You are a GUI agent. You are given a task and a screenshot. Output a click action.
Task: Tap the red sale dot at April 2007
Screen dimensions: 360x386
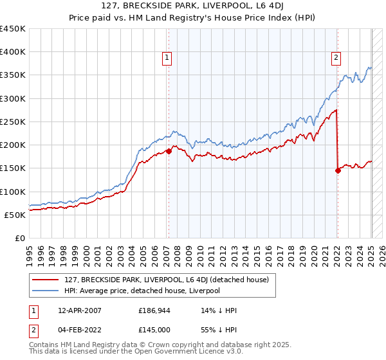[x=169, y=151]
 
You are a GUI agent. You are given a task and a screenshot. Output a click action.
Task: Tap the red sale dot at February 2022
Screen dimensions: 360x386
[x=338, y=170]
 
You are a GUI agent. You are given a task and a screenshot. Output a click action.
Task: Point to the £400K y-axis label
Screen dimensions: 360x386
[x=12, y=52]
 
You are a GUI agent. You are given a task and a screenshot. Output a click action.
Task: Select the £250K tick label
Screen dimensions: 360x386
[x=12, y=122]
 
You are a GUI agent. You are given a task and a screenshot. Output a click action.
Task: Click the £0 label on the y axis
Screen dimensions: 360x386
[x=20, y=238]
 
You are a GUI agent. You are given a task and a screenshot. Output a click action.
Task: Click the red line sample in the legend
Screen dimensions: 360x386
[x=45, y=280]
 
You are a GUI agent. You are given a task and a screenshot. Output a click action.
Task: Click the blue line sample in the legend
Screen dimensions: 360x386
[x=45, y=291]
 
